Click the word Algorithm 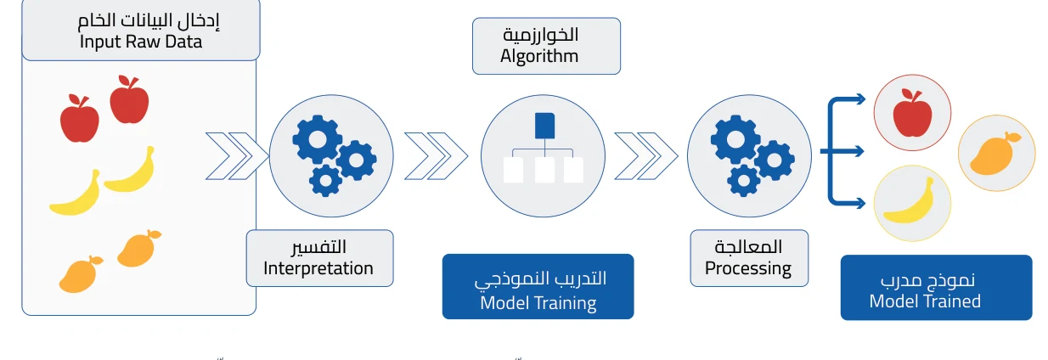[539, 57]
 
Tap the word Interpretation [318, 268]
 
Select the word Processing [747, 269]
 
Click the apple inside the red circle [912, 113]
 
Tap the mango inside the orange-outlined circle [995, 154]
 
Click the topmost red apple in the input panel [129, 99]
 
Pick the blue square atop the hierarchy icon [544, 126]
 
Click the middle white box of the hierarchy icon [544, 170]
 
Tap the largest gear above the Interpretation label [318, 139]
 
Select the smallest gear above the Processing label [743, 181]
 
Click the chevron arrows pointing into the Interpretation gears [237, 156]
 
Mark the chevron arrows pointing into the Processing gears [646, 156]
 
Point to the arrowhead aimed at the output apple [860, 99]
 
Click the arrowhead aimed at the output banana [860, 204]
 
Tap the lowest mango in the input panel [81, 274]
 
